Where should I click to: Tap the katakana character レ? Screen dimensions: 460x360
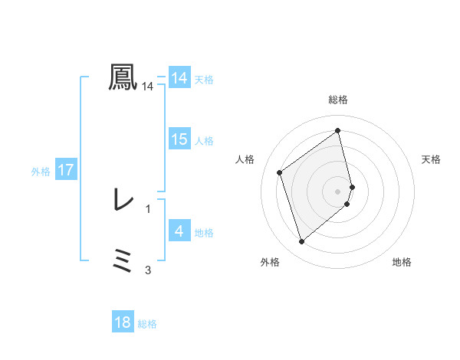[123, 200]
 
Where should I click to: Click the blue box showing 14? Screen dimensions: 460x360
[179, 78]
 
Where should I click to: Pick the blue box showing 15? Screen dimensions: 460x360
[179, 139]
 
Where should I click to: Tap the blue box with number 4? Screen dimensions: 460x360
[179, 231]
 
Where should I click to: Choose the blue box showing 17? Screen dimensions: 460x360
[66, 170]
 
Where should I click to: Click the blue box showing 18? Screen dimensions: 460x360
[123, 322]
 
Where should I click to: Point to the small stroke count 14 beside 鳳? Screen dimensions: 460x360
[148, 87]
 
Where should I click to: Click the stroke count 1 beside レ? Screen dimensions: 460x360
[148, 208]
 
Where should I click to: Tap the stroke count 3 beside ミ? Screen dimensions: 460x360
[148, 270]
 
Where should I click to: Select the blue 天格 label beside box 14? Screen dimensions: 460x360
[204, 80]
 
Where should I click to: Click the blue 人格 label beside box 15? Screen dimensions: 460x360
[204, 141]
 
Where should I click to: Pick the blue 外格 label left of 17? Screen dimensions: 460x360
[41, 172]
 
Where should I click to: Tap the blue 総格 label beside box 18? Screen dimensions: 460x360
[147, 324]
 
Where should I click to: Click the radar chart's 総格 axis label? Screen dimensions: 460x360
[338, 100]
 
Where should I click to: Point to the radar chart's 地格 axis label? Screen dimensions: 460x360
[402, 262]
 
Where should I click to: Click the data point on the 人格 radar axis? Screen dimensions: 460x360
[280, 172]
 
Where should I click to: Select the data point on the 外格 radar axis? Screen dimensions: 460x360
[301, 242]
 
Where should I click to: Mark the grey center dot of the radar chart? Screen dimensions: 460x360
[338, 190]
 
